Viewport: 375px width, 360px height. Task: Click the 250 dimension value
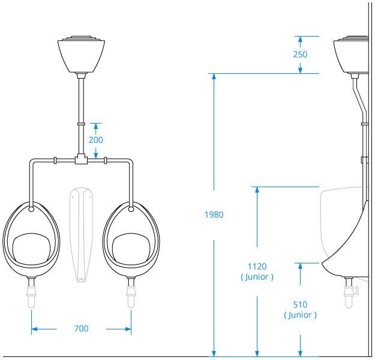301,55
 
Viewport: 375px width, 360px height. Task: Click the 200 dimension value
95,140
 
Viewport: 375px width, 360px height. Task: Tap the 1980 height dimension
214,215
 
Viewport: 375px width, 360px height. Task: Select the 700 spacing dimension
81,329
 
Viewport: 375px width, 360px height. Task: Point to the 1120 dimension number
257,266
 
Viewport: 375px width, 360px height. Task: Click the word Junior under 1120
257,277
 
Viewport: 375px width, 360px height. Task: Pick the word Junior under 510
301,315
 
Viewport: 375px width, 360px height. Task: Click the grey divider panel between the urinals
80,234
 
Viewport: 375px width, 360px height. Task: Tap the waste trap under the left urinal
31,294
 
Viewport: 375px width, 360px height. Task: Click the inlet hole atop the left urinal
31,209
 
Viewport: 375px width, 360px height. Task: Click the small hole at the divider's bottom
80,278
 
